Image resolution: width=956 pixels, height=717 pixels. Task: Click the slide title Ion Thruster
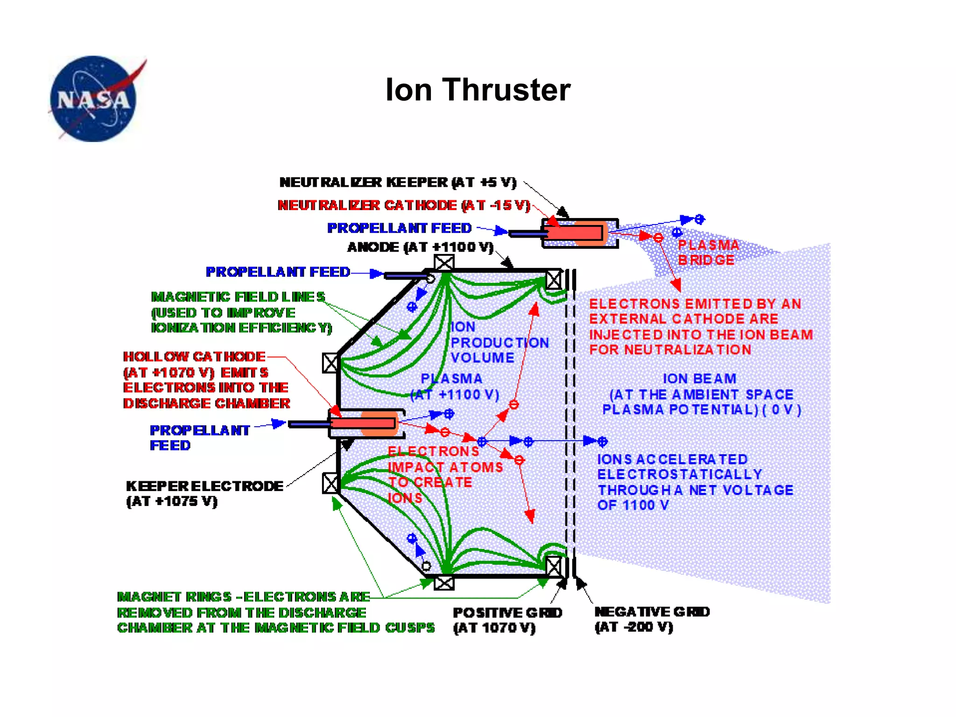pyautogui.click(x=478, y=90)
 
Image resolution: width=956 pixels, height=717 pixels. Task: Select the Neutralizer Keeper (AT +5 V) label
pyautogui.click(x=398, y=182)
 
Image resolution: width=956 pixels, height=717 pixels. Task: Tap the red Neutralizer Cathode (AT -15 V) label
pyautogui.click(x=404, y=205)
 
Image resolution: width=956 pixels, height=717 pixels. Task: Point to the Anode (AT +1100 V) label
pyautogui.click(x=420, y=247)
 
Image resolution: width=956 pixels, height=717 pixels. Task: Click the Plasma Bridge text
pyautogui.click(x=708, y=253)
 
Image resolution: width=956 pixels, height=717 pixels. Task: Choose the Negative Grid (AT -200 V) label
pyautogui.click(x=652, y=619)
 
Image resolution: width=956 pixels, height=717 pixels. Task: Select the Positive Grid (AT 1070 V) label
pyautogui.click(x=507, y=620)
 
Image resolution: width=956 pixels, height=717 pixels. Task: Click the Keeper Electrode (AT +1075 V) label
pyautogui.click(x=204, y=493)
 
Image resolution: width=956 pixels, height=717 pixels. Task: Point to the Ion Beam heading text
pyautogui.click(x=699, y=379)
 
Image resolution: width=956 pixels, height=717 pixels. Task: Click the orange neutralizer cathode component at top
pyautogui.click(x=589, y=233)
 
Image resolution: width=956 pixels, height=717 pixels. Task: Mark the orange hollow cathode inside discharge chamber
pyautogui.click(x=378, y=423)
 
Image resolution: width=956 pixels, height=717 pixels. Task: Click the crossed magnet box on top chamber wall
pyautogui.click(x=443, y=263)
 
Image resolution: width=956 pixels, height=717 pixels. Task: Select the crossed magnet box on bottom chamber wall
pyautogui.click(x=443, y=583)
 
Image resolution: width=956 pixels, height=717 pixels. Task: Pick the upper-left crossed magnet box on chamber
pyautogui.click(x=330, y=363)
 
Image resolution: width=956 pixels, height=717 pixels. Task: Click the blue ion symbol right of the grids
pyautogui.click(x=602, y=441)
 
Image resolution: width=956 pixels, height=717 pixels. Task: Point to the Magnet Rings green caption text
pyautogui.click(x=275, y=612)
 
